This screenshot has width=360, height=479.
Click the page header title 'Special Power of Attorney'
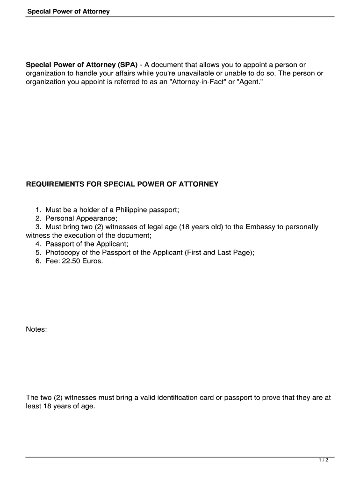coord(68,11)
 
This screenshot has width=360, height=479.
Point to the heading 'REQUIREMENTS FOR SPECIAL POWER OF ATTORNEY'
coord(122,184)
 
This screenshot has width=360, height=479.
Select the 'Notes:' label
coord(36,329)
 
